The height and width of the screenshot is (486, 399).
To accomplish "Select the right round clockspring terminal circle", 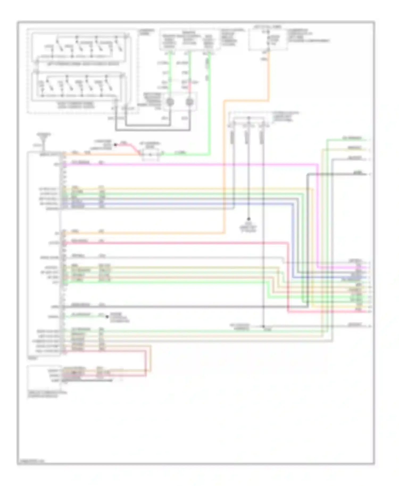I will (x=190, y=102).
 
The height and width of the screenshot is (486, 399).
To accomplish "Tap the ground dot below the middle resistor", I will (x=249, y=219).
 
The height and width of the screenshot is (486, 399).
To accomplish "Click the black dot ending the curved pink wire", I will (x=115, y=145).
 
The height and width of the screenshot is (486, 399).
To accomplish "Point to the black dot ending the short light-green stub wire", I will (x=107, y=317).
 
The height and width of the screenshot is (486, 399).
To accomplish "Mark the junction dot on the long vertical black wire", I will (x=264, y=326).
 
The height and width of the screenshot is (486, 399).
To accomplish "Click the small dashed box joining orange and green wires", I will (x=151, y=154).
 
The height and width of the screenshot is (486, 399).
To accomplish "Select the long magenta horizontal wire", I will (x=186, y=165).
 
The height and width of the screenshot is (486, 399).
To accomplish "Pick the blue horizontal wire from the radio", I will (x=160, y=204).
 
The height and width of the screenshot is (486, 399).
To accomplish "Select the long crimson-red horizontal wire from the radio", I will (x=173, y=243).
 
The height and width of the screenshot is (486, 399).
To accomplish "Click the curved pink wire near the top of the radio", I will (x=130, y=146).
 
